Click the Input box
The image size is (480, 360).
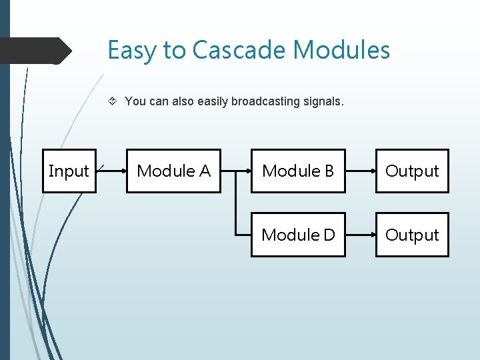[69, 171]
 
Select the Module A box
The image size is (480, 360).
[173, 171]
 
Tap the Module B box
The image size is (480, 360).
[298, 171]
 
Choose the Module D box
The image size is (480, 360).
[298, 235]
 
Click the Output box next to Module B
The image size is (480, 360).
[412, 171]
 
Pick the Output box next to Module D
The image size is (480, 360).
[412, 235]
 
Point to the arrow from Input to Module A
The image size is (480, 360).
[111, 171]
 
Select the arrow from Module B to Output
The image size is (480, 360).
[361, 171]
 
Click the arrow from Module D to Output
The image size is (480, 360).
[361, 235]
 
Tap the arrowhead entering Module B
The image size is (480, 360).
[248, 171]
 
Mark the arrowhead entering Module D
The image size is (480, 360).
[248, 235]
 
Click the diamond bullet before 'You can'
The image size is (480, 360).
[113, 102]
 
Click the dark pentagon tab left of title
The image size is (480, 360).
[33, 51]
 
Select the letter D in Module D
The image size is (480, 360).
[328, 235]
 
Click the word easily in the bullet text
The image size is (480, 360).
[213, 102]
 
